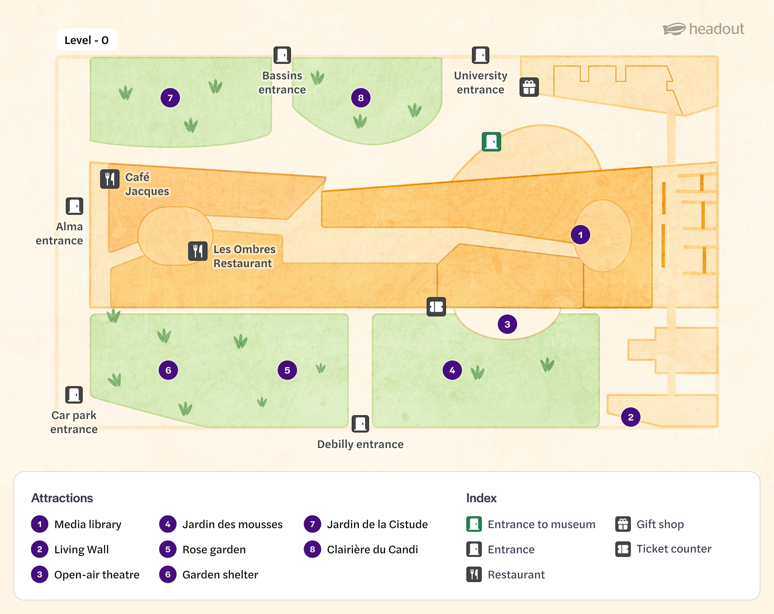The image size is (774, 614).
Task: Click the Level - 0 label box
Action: pyautogui.click(x=87, y=40)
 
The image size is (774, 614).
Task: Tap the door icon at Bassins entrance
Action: pyautogui.click(x=282, y=55)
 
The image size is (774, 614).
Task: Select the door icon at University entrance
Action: pyautogui.click(x=480, y=55)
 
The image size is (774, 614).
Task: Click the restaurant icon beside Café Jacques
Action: pyautogui.click(x=110, y=179)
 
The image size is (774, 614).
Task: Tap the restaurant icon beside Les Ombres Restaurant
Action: pyautogui.click(x=198, y=251)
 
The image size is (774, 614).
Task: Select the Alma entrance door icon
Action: pyautogui.click(x=74, y=206)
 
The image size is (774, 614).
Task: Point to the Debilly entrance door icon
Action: pyautogui.click(x=360, y=424)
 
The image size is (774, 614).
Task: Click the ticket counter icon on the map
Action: pyautogui.click(x=436, y=307)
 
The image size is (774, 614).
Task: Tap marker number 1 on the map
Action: pyautogui.click(x=580, y=235)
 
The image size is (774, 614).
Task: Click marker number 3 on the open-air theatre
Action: pyautogui.click(x=507, y=324)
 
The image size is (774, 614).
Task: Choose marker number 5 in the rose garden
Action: pyautogui.click(x=287, y=370)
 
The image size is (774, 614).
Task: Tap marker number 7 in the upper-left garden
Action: pyautogui.click(x=170, y=98)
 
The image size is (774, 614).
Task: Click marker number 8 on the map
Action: pyautogui.click(x=361, y=98)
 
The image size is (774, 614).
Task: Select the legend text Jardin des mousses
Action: pyautogui.click(x=232, y=524)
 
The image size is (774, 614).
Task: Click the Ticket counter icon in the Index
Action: pyautogui.click(x=623, y=549)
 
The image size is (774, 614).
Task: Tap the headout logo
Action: pyautogui.click(x=704, y=29)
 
